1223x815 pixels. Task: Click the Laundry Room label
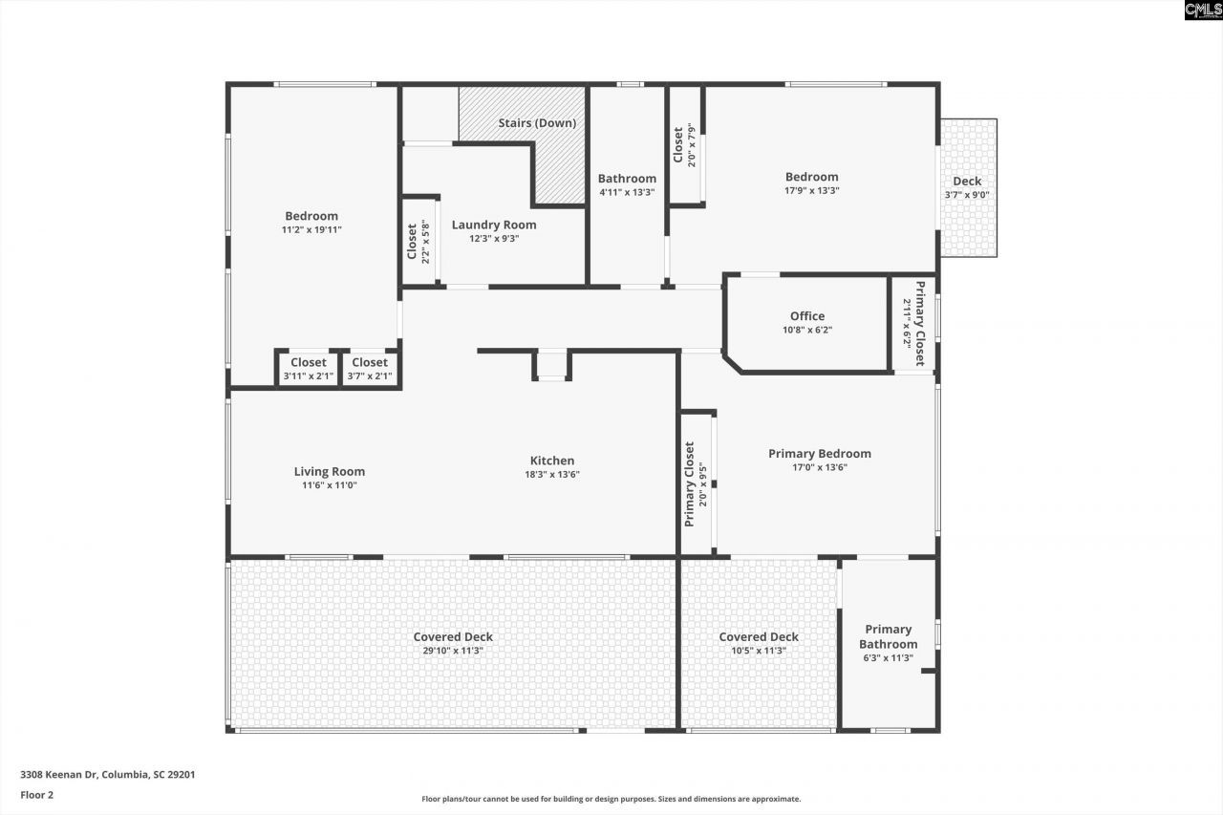tap(494, 225)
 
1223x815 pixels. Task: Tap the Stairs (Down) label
tap(536, 123)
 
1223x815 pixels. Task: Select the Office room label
tap(806, 316)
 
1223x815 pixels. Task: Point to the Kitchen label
tap(552, 461)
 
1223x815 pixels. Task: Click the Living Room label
tap(329, 471)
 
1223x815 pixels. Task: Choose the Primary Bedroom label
tap(819, 454)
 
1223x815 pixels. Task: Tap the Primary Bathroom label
tap(888, 636)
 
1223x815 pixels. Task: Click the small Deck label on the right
tap(966, 182)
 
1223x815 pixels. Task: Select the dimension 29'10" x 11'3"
tap(453, 651)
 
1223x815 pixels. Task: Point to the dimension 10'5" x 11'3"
tap(759, 651)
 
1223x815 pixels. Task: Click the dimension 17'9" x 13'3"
tap(811, 190)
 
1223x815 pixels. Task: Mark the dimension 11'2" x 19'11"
tap(311, 229)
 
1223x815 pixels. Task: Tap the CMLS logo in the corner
tap(1202, 11)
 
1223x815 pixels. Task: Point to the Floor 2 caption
tap(36, 794)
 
